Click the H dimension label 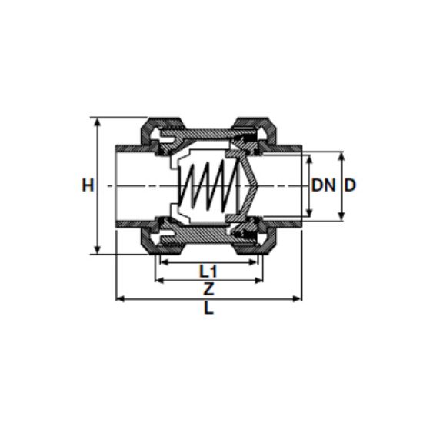point(88,185)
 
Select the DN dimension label point(324,185)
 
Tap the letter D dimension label point(350,185)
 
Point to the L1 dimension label point(208,271)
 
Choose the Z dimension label point(208,289)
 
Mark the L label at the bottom point(208,308)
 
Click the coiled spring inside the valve point(208,185)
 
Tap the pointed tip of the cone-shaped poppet point(258,185)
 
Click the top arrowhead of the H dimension point(98,122)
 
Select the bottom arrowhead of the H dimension point(98,248)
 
